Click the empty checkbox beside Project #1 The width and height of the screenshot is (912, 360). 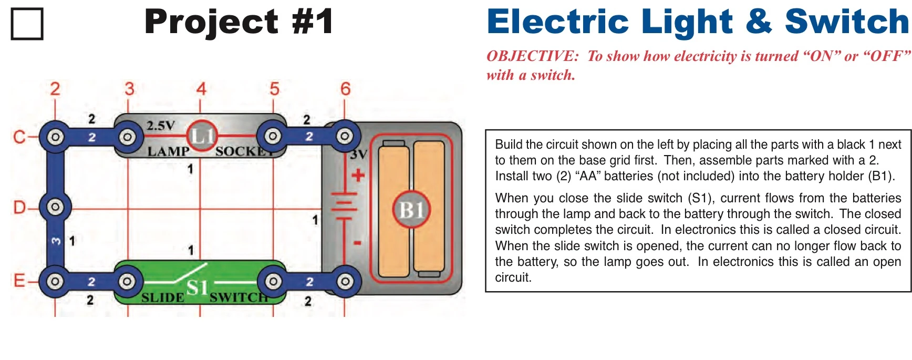(x=27, y=24)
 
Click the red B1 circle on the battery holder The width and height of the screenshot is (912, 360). (x=411, y=210)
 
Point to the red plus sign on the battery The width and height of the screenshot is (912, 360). (x=358, y=175)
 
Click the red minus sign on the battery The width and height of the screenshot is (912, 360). (x=357, y=243)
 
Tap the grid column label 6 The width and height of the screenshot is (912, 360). (x=345, y=89)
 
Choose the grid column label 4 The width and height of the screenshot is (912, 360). (x=201, y=89)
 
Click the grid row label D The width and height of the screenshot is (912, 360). (x=19, y=208)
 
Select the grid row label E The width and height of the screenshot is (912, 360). (x=19, y=281)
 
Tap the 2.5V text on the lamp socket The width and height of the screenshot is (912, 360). (x=160, y=126)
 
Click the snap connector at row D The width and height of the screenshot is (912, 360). (x=55, y=207)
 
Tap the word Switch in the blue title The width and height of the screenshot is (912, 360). (x=846, y=22)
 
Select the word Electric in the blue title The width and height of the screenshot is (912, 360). (x=557, y=22)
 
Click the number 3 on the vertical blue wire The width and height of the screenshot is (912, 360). (x=56, y=241)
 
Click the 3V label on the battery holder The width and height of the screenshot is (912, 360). (x=358, y=155)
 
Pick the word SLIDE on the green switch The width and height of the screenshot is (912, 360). (x=162, y=298)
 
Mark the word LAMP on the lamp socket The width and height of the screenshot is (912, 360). (x=168, y=152)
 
